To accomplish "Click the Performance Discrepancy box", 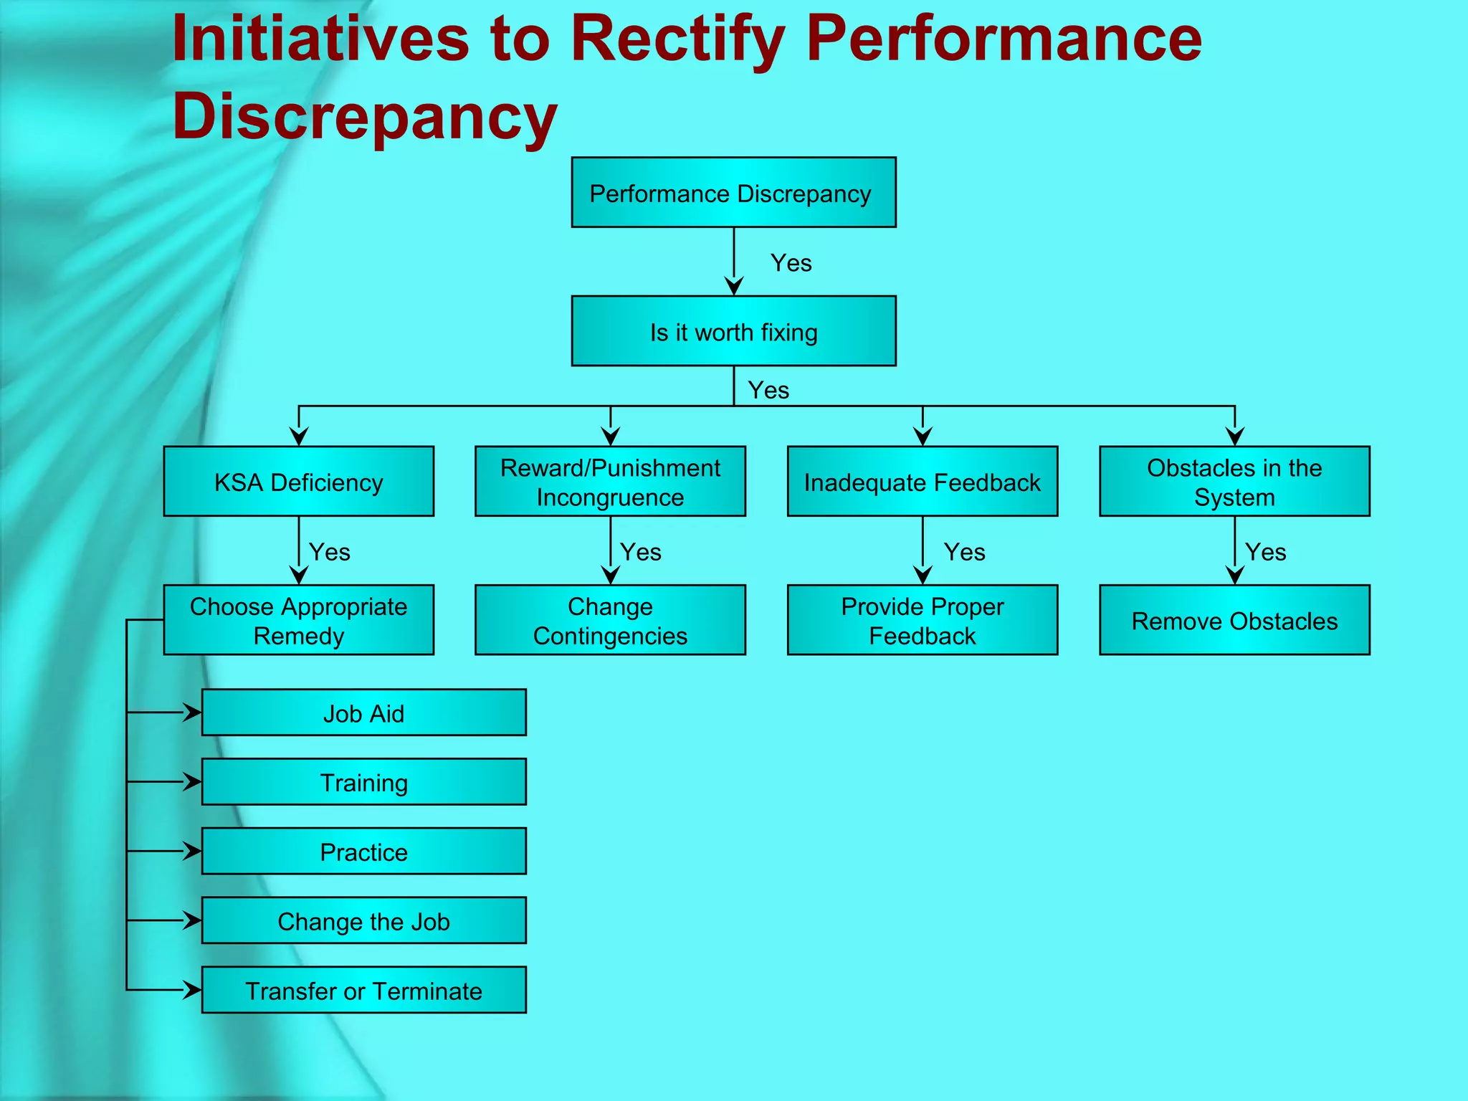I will [x=733, y=193].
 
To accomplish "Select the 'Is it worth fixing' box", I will [x=733, y=331].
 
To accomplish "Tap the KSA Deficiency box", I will [x=298, y=482].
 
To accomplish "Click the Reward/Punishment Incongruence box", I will [x=610, y=482].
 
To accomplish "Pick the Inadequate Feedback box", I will [x=922, y=482].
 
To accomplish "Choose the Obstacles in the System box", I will [x=1234, y=482].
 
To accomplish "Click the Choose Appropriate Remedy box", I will [x=298, y=620].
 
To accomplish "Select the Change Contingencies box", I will [x=610, y=620].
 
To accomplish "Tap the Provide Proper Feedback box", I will [x=922, y=620].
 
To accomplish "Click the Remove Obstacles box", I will [x=1234, y=620].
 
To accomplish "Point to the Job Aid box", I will [x=363, y=712].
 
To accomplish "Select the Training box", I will [x=363, y=782].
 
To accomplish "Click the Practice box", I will [x=363, y=852].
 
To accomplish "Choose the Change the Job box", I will [x=363, y=920].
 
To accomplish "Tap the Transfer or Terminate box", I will [x=363, y=990].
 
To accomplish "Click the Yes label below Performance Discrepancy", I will [x=791, y=263].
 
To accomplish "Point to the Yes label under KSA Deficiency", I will [x=329, y=552].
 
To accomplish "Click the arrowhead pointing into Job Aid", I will [x=193, y=712].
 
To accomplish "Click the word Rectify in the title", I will [x=677, y=39].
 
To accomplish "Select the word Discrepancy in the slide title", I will [x=364, y=116].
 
